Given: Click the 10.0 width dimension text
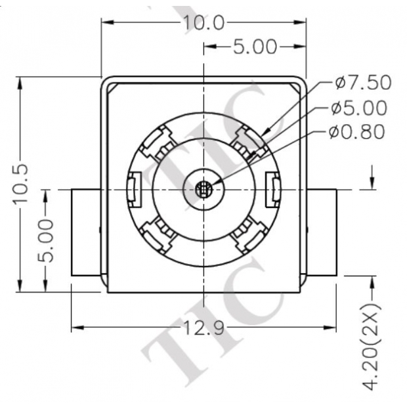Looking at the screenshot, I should click(x=203, y=23).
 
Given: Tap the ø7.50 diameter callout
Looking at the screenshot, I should click(x=362, y=83).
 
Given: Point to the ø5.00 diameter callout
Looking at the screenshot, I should click(x=359, y=108).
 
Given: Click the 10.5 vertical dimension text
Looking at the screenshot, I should click(x=22, y=183).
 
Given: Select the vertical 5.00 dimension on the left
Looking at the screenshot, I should click(x=45, y=241).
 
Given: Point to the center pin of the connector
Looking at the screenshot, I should click(x=203, y=190).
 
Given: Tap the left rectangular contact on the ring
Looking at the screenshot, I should click(x=133, y=189).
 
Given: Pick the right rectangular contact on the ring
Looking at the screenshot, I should click(x=273, y=189).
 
